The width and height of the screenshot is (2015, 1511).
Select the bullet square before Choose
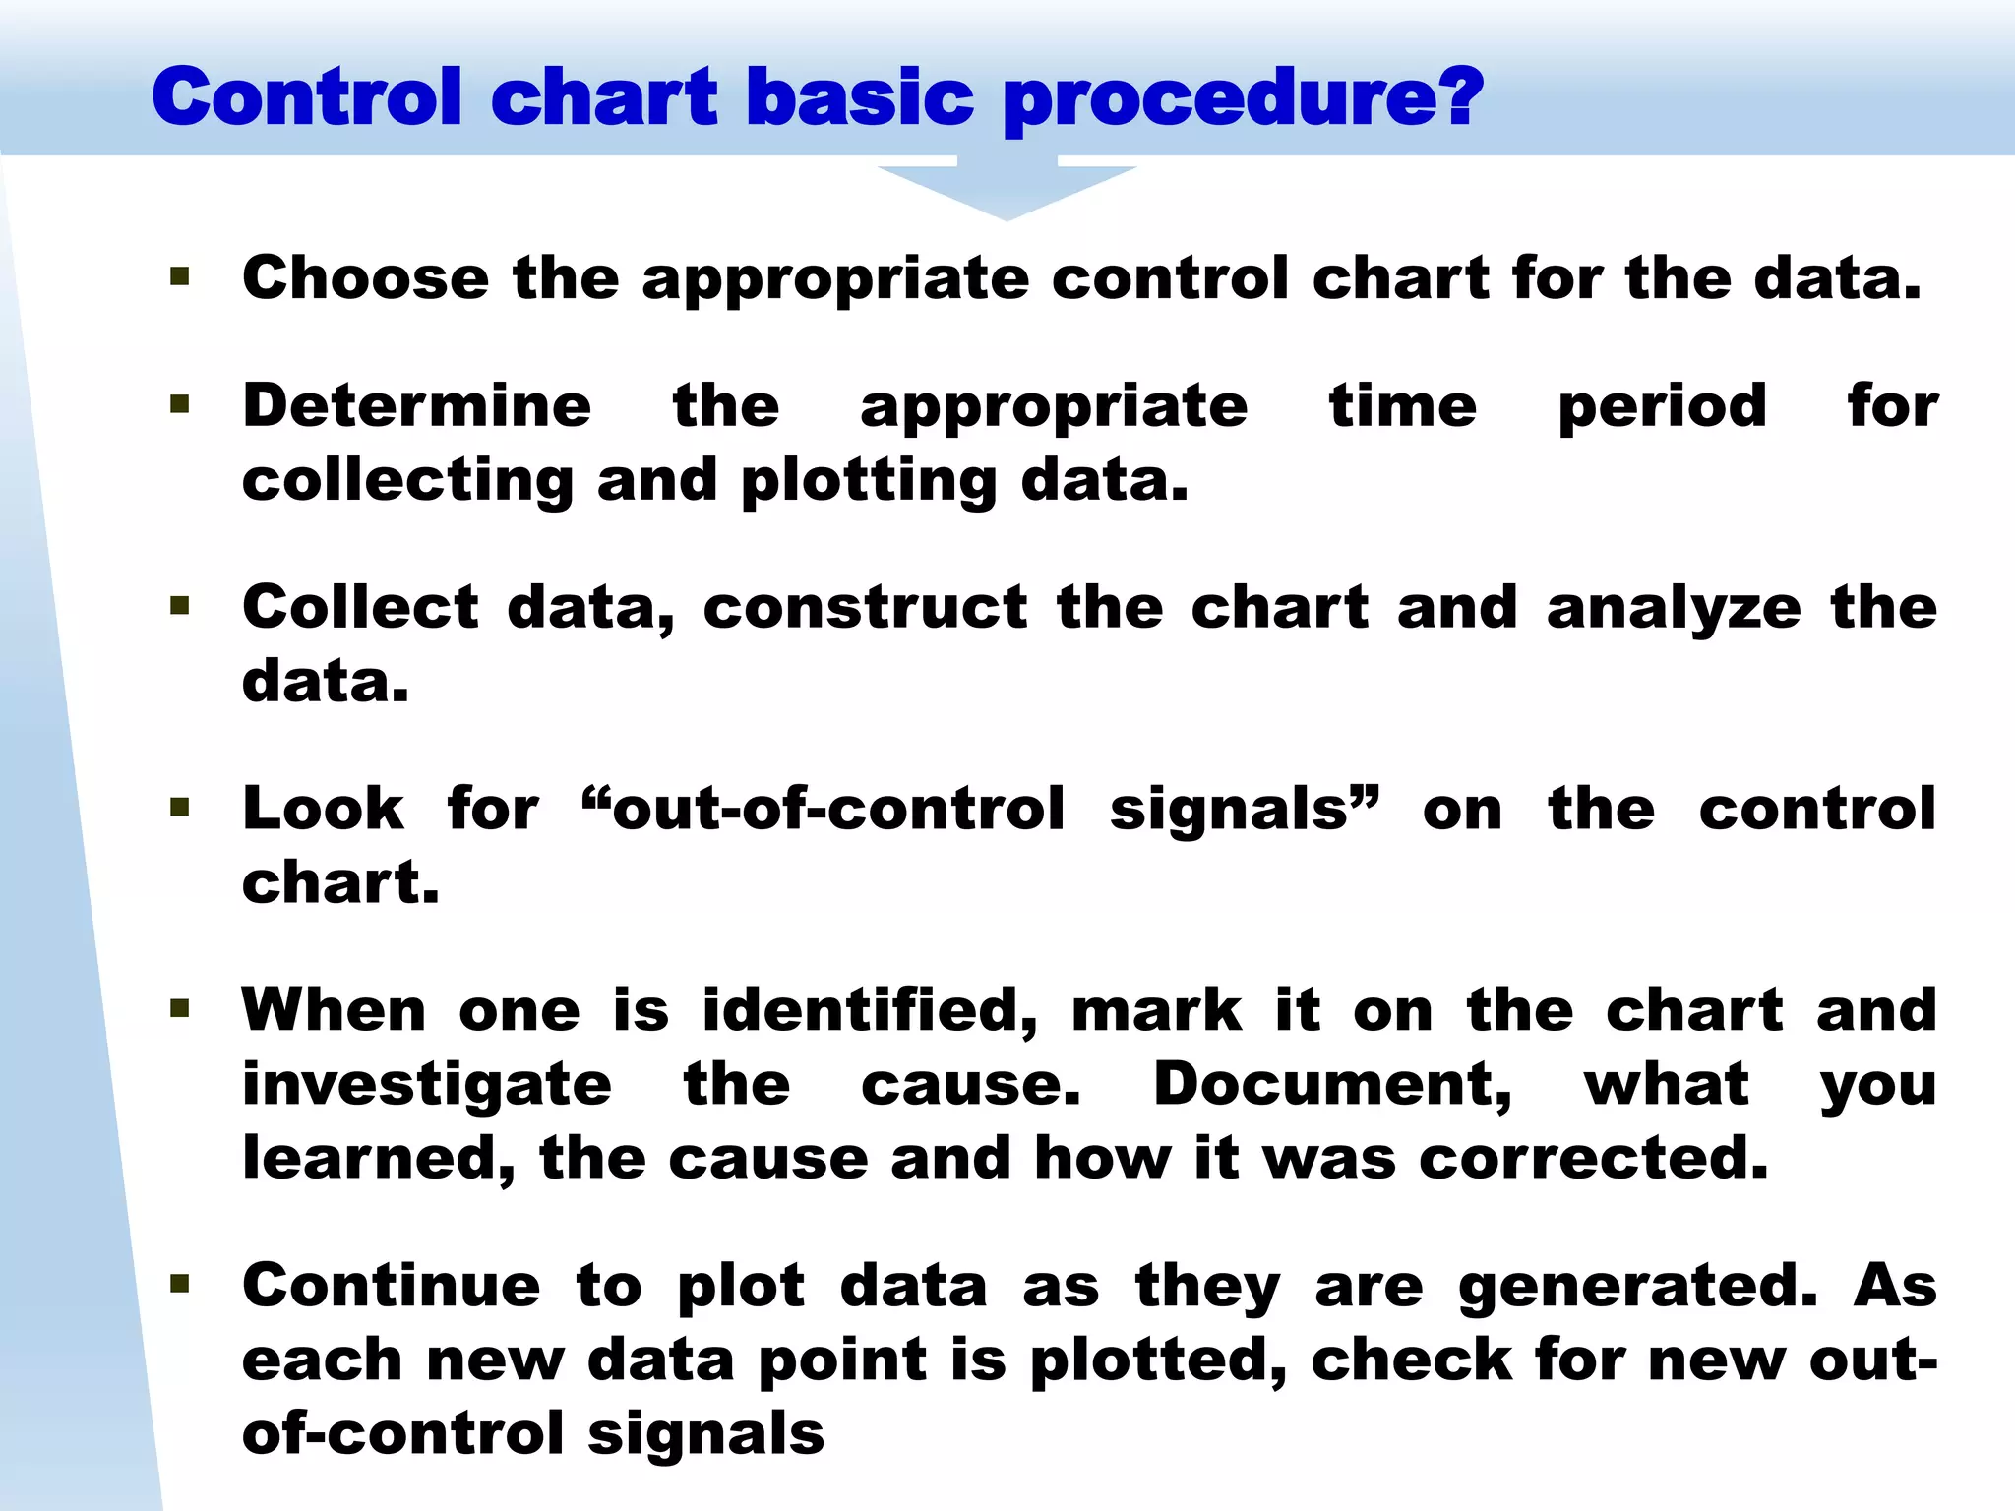[179, 275]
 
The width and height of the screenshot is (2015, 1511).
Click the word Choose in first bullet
[365, 277]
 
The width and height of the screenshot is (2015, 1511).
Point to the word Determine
[417, 405]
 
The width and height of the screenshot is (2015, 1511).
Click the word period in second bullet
[1662, 407]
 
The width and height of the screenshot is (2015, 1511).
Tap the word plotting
[869, 482]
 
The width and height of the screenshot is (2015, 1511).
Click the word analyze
[1674, 609]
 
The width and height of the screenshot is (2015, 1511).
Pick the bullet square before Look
[179, 808]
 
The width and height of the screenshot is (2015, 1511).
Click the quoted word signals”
[1245, 809]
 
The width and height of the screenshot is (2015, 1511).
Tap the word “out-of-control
[823, 809]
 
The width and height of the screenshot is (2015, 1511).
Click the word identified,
[870, 1010]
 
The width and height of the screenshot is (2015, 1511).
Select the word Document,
[1332, 1084]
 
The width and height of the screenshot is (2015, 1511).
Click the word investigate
[427, 1086]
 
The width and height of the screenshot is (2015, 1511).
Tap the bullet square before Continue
[179, 1283]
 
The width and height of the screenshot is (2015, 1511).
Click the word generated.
[1638, 1288]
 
